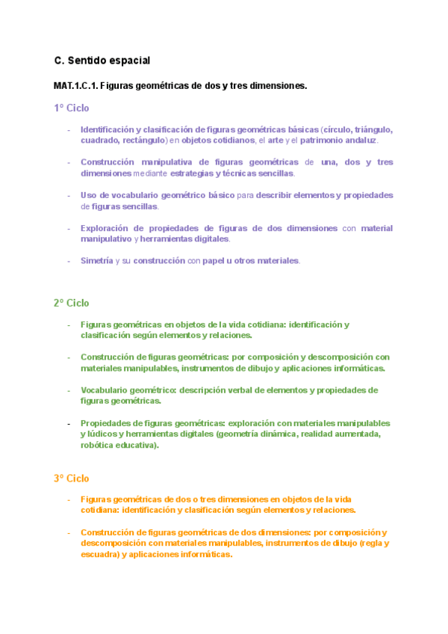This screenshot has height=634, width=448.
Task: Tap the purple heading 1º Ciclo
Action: click(71, 108)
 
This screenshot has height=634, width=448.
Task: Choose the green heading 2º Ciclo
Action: click(71, 303)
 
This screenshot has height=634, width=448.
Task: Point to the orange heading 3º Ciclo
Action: click(71, 478)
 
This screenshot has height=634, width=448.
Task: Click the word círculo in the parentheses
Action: click(336, 129)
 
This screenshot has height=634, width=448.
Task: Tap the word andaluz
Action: click(361, 140)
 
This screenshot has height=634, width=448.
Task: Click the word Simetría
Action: click(97, 260)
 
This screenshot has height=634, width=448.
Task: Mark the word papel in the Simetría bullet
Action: click(216, 260)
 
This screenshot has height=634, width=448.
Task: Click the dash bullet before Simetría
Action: click(69, 260)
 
